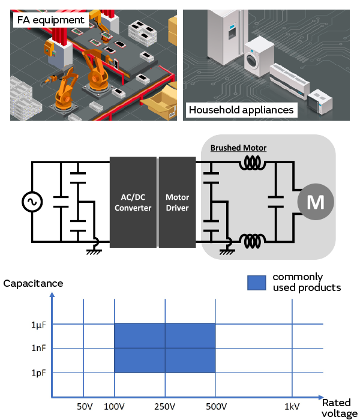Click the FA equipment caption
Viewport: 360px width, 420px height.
click(50, 19)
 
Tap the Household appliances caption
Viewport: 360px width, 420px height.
click(241, 110)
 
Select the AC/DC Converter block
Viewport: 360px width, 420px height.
click(133, 203)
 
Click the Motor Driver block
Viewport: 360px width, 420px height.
click(177, 203)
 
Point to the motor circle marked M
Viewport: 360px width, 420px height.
click(315, 203)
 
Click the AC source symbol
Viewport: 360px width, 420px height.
click(31, 203)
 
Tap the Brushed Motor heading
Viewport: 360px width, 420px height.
click(238, 148)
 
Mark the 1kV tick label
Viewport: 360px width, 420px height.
click(292, 407)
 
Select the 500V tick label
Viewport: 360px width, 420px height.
click(215, 407)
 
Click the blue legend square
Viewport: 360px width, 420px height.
click(256, 283)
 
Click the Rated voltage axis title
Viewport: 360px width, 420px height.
click(340, 408)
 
